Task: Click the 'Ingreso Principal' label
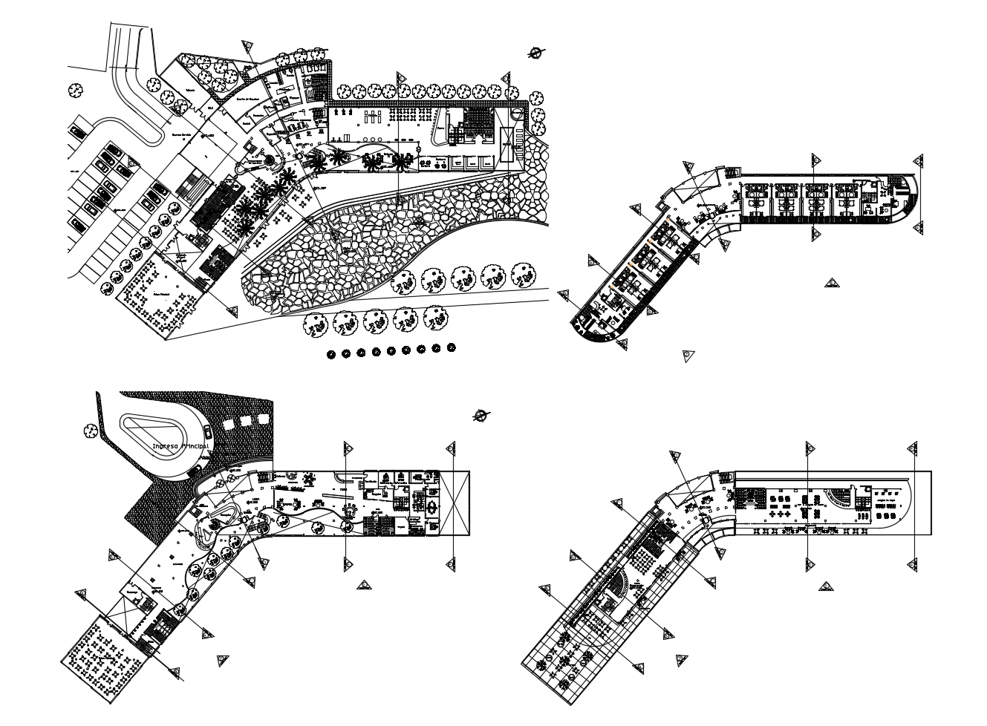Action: coord(179,447)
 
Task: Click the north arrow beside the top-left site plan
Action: coord(535,52)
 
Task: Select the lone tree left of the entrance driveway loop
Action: coord(91,430)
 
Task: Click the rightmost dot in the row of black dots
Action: coord(452,347)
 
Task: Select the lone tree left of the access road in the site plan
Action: coord(75,90)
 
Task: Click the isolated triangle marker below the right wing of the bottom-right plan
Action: coord(825,586)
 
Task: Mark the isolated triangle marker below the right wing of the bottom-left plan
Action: coord(364,585)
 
